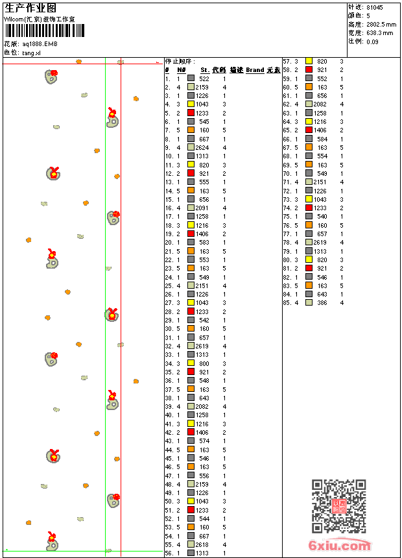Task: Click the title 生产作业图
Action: click(30, 8)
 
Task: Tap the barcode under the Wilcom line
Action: click(39, 31)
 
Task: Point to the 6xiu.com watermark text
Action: click(340, 546)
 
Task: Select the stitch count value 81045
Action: click(375, 7)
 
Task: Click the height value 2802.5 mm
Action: click(381, 24)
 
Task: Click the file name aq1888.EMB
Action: click(40, 43)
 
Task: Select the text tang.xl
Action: click(31, 53)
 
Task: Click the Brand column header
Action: click(255, 70)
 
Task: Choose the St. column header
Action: click(205, 70)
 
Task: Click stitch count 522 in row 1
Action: click(204, 79)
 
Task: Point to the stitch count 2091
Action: click(202, 208)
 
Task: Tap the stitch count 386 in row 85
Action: click(322, 302)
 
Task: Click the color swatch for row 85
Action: click(309, 302)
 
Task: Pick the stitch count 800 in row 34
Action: click(204, 363)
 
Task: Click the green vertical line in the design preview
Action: click(105, 292)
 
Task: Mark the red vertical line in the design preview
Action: click(121, 292)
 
